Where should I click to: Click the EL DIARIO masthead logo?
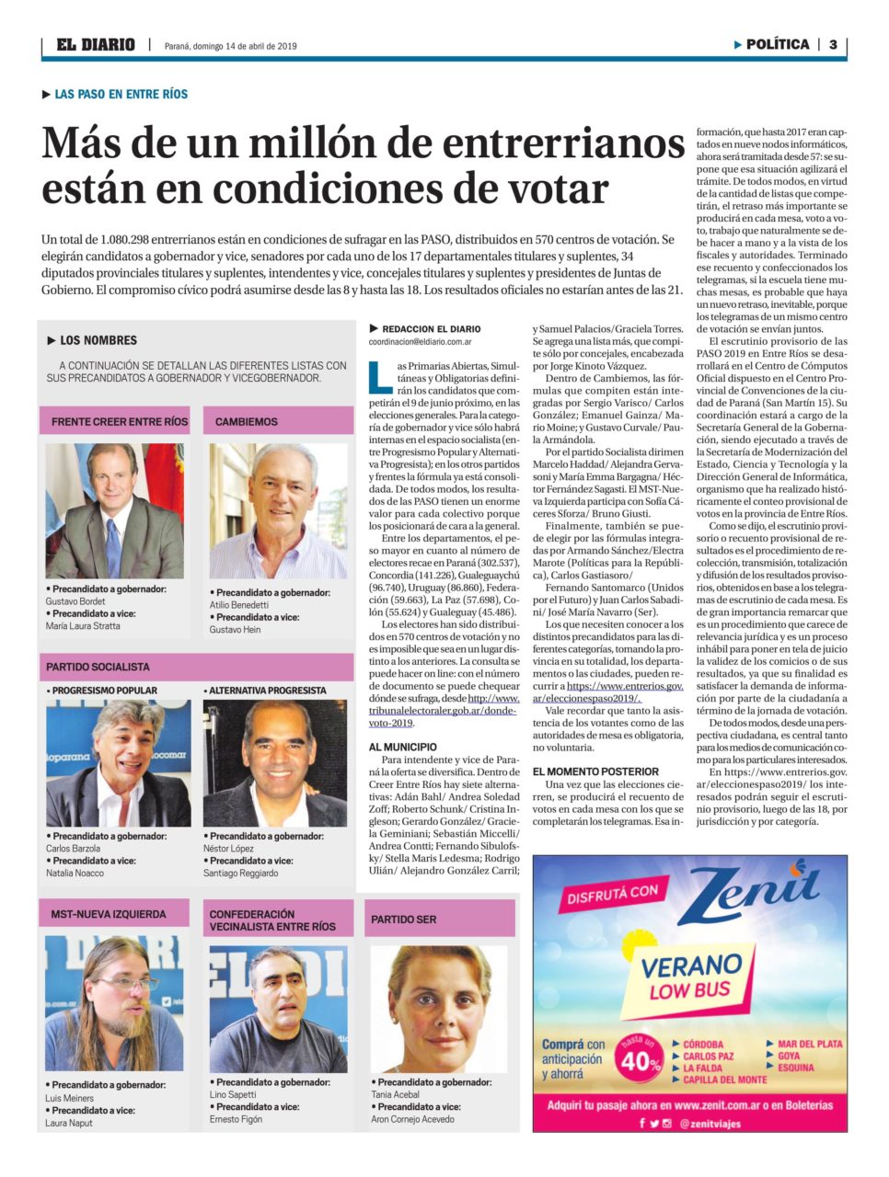pos(96,44)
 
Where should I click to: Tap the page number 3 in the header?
pos(833,44)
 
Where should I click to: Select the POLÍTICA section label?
pos(777,44)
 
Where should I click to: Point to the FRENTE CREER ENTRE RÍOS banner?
pos(119,421)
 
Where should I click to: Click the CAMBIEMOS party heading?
pos(247,421)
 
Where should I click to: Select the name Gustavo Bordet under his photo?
pos(75,601)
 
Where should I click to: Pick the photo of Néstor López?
pos(276,763)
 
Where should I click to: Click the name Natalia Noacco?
pos(75,873)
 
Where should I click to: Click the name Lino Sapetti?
pos(233,1094)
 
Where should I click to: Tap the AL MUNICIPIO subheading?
pos(403,747)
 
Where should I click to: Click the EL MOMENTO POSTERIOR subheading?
pos(595,771)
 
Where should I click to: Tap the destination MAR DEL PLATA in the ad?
pos(810,1044)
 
